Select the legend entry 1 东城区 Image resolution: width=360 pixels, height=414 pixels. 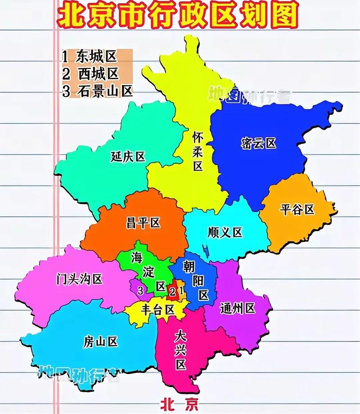(90, 56)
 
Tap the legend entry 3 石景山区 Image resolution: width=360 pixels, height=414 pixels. (98, 91)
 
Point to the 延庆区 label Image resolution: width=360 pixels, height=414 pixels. (128, 157)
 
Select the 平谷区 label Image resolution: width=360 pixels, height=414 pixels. (297, 209)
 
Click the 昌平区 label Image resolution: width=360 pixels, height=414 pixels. (143, 223)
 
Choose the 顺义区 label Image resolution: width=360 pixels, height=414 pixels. (225, 232)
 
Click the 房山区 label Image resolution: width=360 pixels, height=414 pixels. (100, 342)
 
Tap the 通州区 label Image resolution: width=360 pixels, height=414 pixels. (238, 308)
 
